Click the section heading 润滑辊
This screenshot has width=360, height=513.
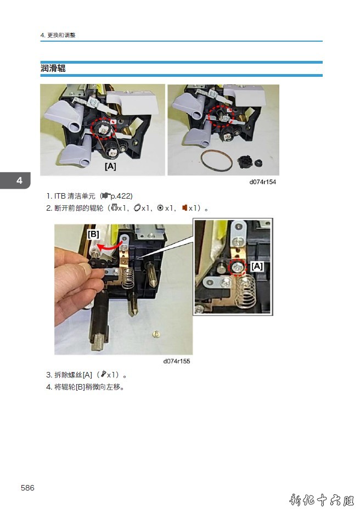53,69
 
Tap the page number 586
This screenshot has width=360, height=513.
27,488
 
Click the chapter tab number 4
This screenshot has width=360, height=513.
19,181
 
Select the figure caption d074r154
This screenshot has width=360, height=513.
262,182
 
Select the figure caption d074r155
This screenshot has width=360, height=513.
177,361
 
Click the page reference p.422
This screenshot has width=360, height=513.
121,196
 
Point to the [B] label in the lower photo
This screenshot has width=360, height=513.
93,234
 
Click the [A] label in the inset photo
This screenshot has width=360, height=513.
257,266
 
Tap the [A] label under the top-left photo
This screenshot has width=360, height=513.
111,166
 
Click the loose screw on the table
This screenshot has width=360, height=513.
156,334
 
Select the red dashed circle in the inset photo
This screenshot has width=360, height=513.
238,268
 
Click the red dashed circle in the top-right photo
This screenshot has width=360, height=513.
221,116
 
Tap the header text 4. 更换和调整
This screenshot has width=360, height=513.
58,35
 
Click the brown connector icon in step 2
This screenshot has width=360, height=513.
184,208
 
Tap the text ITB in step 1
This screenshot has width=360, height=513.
60,196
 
